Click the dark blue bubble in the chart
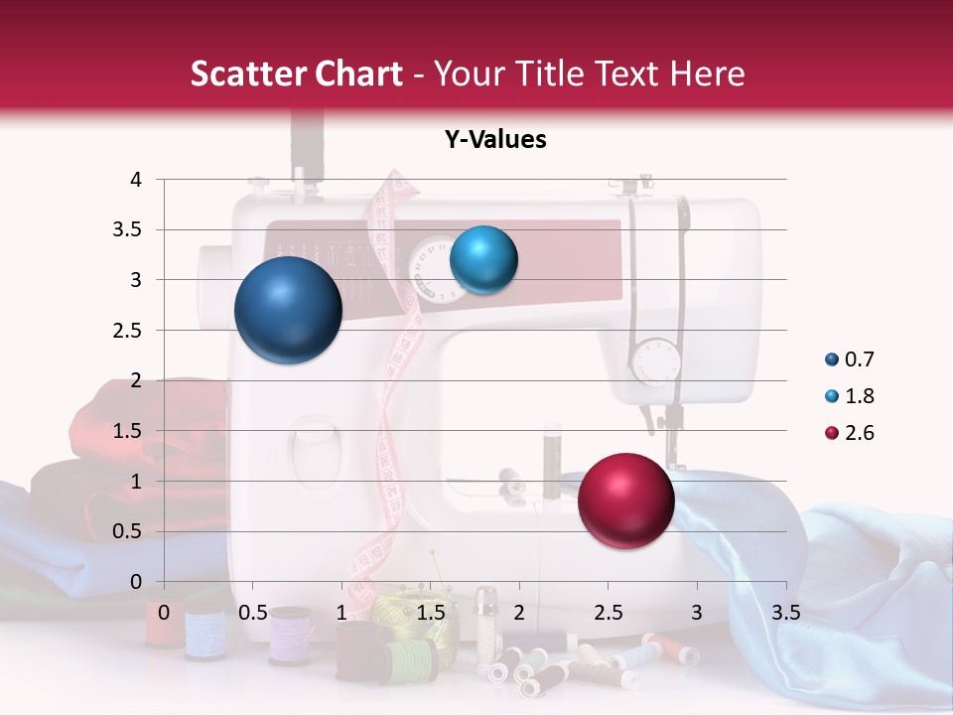288,310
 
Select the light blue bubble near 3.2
483,259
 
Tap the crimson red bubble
625,500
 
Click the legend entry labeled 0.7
849,359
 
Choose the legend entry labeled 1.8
849,396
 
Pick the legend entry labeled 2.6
849,433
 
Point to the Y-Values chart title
495,140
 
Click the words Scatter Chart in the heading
297,73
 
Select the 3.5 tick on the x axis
786,613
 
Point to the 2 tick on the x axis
519,613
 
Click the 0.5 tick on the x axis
253,613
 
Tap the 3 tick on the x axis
697,613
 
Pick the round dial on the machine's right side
654,360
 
